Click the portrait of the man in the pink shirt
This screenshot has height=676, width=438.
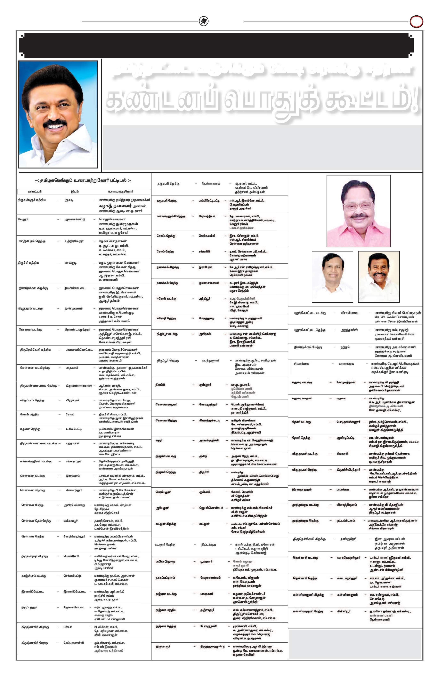coord(358,211)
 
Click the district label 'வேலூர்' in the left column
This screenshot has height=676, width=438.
coord(23,219)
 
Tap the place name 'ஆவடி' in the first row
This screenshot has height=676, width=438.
coord(69,200)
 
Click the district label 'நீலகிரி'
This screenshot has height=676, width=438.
coord(160,385)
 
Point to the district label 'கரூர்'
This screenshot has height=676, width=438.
coord(159,440)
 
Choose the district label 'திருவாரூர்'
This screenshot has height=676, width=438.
coord(163,646)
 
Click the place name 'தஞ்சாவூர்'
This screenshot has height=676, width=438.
coord(207,610)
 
